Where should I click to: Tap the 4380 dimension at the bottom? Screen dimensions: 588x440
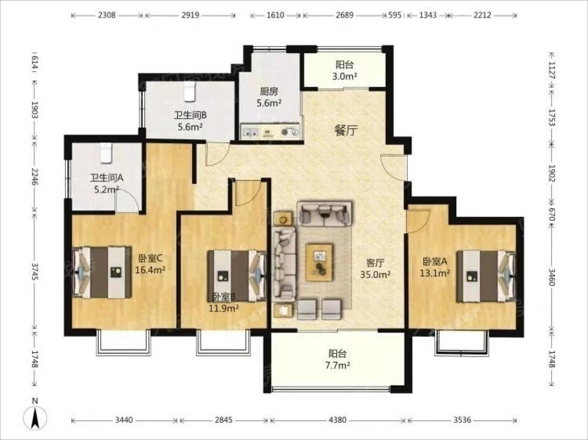coord(338,420)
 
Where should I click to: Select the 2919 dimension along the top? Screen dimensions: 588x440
coord(190,15)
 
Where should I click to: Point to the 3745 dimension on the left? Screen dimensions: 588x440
coord(35,271)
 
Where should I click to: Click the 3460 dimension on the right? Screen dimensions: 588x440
coord(552,277)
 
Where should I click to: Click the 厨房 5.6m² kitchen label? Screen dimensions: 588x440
coord(269,97)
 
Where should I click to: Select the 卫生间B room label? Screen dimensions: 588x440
coord(190,115)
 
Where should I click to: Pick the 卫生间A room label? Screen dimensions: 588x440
coord(106,177)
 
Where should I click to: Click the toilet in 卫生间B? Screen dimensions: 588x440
coord(190,92)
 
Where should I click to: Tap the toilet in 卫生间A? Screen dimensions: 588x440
coord(106,153)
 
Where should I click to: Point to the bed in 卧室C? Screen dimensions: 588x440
coord(102,273)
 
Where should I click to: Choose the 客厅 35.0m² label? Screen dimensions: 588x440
coord(375,269)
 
